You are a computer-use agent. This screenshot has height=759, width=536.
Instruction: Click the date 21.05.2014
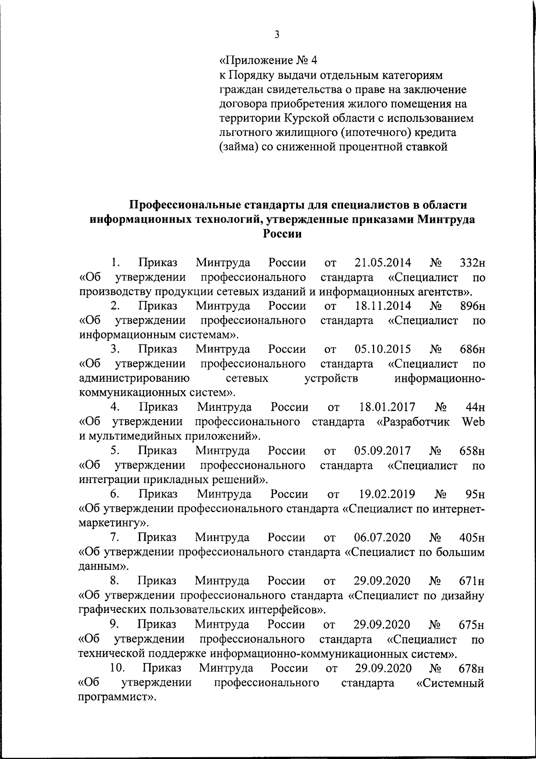click(383, 262)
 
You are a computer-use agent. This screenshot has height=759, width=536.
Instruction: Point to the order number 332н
click(472, 262)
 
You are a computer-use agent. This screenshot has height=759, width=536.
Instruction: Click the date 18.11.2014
click(383, 306)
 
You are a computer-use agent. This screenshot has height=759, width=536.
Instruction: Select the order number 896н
click(472, 306)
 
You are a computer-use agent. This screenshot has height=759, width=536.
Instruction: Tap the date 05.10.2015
click(383, 349)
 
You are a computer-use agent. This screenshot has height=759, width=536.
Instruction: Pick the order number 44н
click(475, 407)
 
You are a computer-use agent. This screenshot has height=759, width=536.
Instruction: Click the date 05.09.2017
click(383, 451)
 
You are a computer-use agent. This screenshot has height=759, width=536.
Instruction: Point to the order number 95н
click(475, 494)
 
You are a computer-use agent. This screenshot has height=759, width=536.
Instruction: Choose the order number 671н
click(472, 581)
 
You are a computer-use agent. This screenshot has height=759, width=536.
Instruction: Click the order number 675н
click(472, 625)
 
